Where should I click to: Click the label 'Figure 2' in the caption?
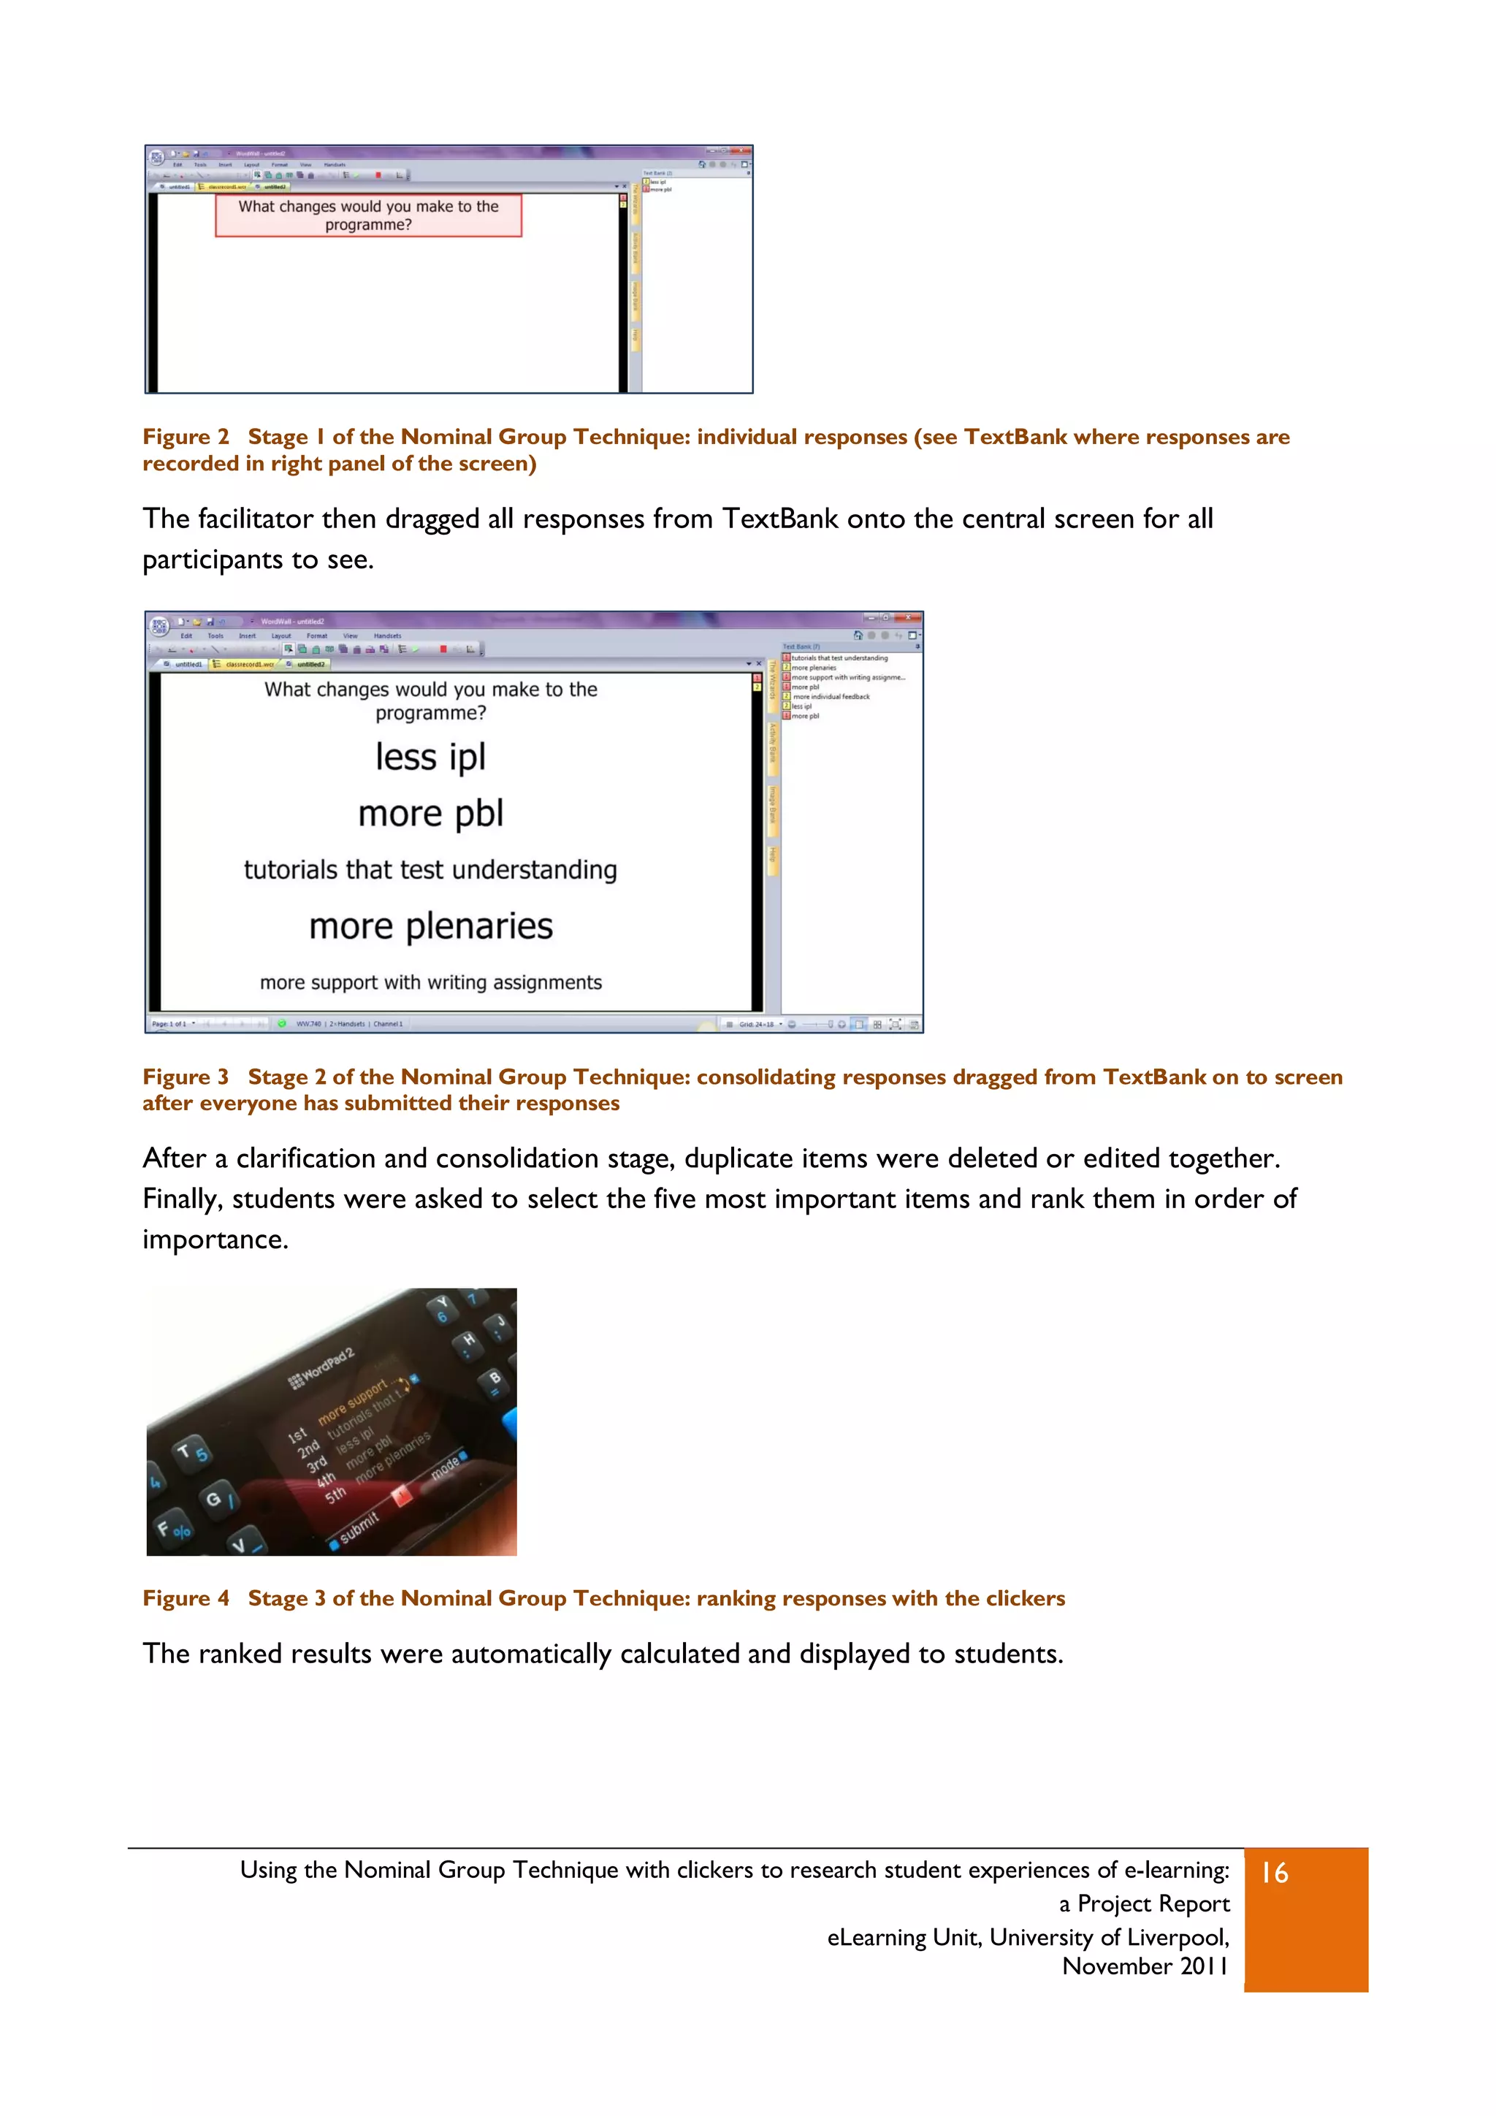186,437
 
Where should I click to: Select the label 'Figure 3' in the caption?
186,1077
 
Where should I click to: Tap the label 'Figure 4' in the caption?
186,1598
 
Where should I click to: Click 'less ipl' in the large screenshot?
430,757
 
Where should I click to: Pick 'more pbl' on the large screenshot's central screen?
430,814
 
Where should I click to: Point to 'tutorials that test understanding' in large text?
430,870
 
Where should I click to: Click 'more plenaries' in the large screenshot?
430,926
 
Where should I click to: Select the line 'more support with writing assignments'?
430,982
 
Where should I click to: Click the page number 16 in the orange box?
1275,1873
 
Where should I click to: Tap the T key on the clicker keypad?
183,1451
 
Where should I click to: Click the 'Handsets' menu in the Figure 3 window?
387,636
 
